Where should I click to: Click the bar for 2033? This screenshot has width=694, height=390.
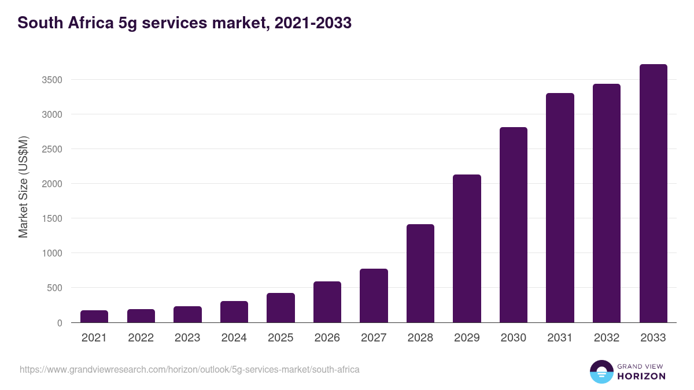(x=653, y=194)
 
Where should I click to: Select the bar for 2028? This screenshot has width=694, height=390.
(x=420, y=273)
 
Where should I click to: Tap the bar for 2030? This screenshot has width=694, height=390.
(x=514, y=225)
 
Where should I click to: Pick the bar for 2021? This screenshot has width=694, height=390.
(x=94, y=317)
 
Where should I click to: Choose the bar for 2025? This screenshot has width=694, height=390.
(x=280, y=308)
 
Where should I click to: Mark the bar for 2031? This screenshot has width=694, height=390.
(x=560, y=208)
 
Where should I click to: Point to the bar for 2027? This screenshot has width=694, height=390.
(x=374, y=296)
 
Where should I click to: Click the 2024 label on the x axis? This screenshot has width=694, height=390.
(x=234, y=338)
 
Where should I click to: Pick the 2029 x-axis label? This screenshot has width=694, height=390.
(x=467, y=338)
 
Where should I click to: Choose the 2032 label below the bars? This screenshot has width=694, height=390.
(x=607, y=338)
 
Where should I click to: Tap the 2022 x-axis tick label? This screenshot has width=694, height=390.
(x=141, y=338)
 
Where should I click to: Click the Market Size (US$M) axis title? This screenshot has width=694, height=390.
(x=23, y=187)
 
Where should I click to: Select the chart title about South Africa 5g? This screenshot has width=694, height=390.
(x=184, y=23)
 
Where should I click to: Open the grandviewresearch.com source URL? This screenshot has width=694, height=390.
(x=190, y=369)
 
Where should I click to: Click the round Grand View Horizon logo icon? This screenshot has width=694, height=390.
(x=601, y=372)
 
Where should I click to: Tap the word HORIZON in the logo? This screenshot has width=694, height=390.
(x=641, y=376)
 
